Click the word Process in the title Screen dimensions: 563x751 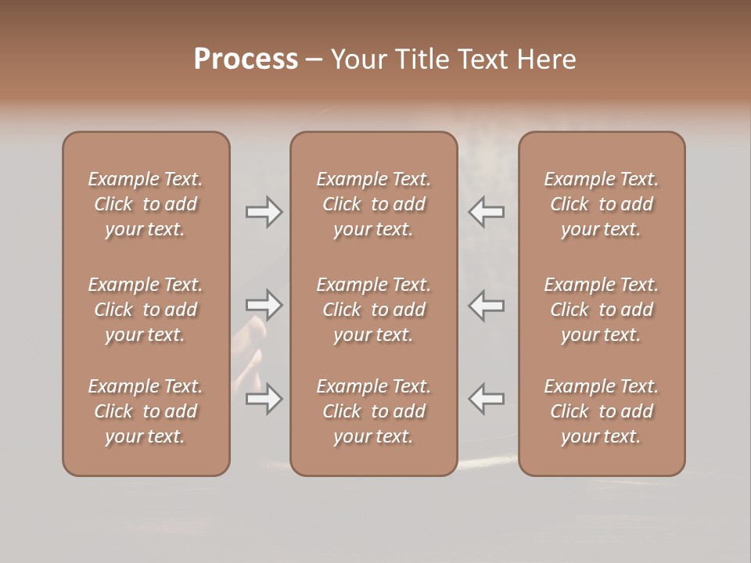click(246, 59)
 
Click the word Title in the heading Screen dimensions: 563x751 click(422, 59)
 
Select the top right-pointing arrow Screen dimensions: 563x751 click(264, 212)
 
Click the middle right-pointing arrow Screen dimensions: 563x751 click(264, 305)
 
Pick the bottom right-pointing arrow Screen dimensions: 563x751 click(264, 399)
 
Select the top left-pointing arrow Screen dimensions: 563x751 click(486, 212)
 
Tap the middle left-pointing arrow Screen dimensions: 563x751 click(486, 305)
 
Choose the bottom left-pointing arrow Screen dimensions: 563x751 click(486, 399)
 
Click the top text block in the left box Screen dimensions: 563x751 click(146, 204)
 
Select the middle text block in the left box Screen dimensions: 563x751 click(146, 310)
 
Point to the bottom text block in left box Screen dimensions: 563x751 click(146, 411)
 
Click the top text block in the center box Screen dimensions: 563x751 click(373, 204)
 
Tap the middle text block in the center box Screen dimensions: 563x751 click(373, 310)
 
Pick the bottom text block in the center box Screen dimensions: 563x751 click(373, 411)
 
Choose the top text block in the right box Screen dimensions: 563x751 click(601, 204)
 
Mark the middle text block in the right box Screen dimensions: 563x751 click(601, 310)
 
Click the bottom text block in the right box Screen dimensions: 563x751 click(601, 411)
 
